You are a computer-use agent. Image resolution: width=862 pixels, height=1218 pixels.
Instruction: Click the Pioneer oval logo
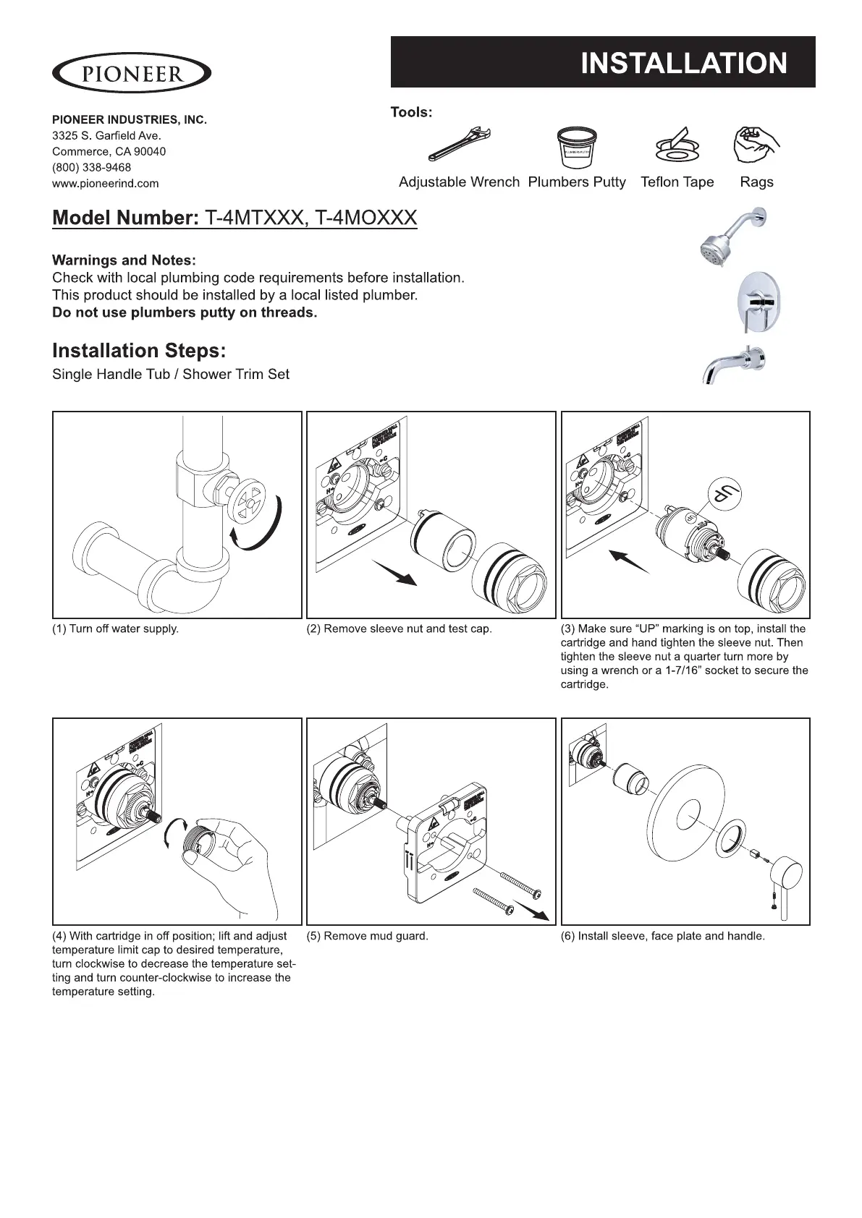click(132, 73)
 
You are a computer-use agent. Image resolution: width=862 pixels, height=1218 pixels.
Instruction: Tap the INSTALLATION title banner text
click(683, 64)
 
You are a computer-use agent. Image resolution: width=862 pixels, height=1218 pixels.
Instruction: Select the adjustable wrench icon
click(460, 144)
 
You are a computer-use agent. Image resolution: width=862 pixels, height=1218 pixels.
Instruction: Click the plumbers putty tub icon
click(576, 148)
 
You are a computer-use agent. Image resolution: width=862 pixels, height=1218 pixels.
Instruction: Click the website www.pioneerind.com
click(106, 184)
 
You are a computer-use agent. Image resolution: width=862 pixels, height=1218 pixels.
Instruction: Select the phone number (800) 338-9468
click(92, 168)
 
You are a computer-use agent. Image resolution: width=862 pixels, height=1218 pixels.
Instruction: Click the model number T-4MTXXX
click(253, 218)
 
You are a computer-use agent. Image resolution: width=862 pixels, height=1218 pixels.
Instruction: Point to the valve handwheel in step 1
click(247, 503)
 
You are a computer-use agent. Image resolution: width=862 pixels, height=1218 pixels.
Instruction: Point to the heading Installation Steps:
click(139, 351)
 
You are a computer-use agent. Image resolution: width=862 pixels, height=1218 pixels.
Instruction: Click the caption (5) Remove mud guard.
click(368, 936)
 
